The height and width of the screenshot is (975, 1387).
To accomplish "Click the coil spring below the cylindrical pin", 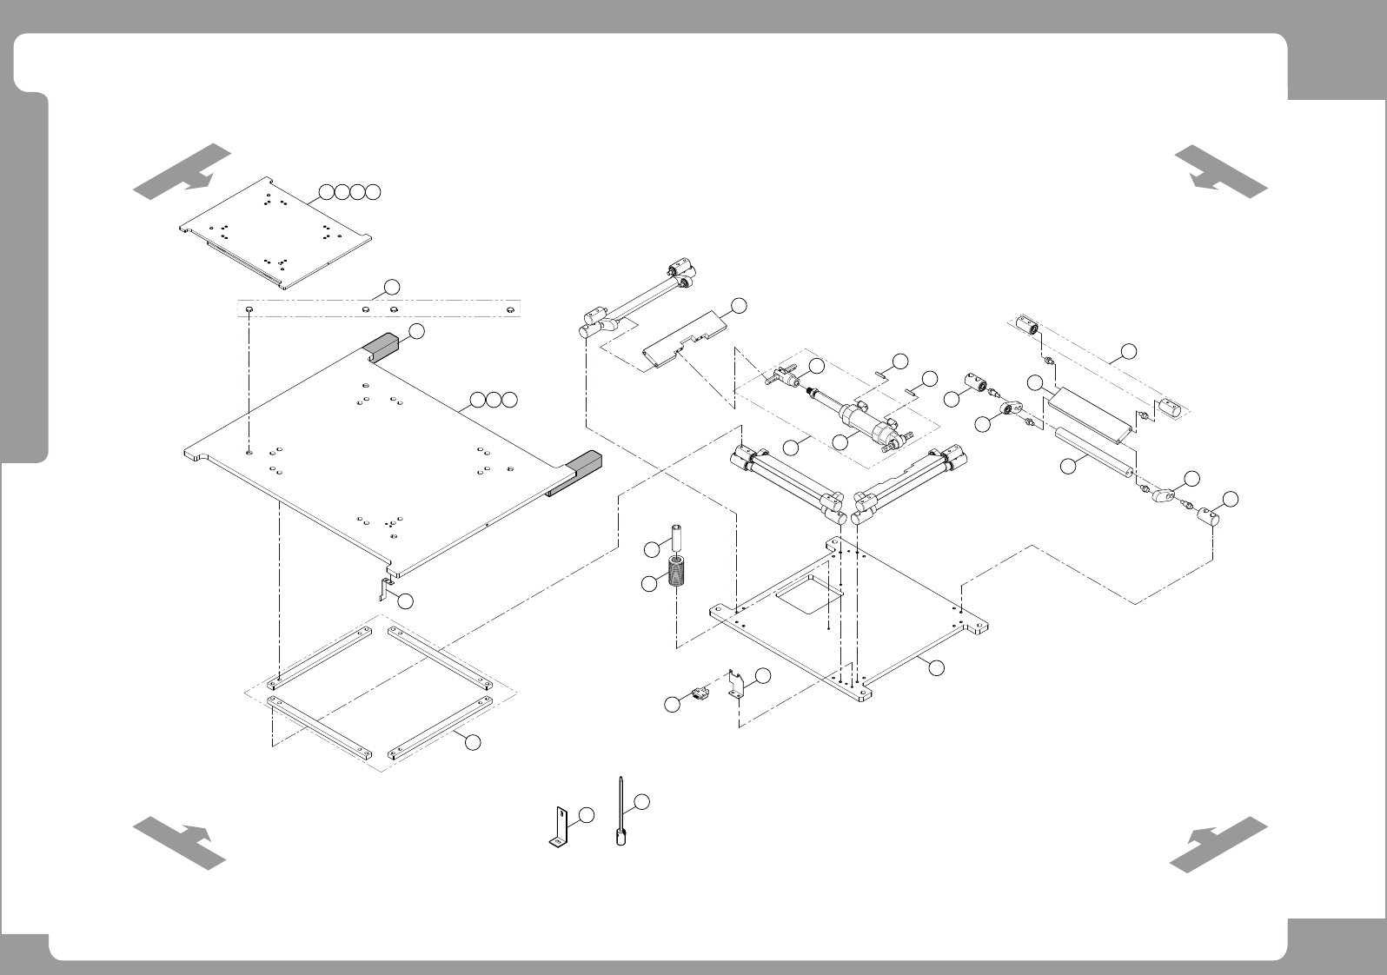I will pyautogui.click(x=677, y=574).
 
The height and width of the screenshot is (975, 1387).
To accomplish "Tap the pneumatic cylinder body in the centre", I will pyautogui.click(x=864, y=423).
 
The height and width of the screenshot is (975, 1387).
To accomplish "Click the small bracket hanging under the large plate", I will pyautogui.click(x=383, y=588).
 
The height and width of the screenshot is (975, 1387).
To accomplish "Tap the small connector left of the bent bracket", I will pyautogui.click(x=697, y=693).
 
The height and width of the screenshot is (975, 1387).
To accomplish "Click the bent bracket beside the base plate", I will pyautogui.click(x=737, y=683).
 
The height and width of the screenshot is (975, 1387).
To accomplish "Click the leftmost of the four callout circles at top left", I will pyautogui.click(x=325, y=192).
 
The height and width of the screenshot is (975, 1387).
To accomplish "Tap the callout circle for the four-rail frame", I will pyautogui.click(x=472, y=742).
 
